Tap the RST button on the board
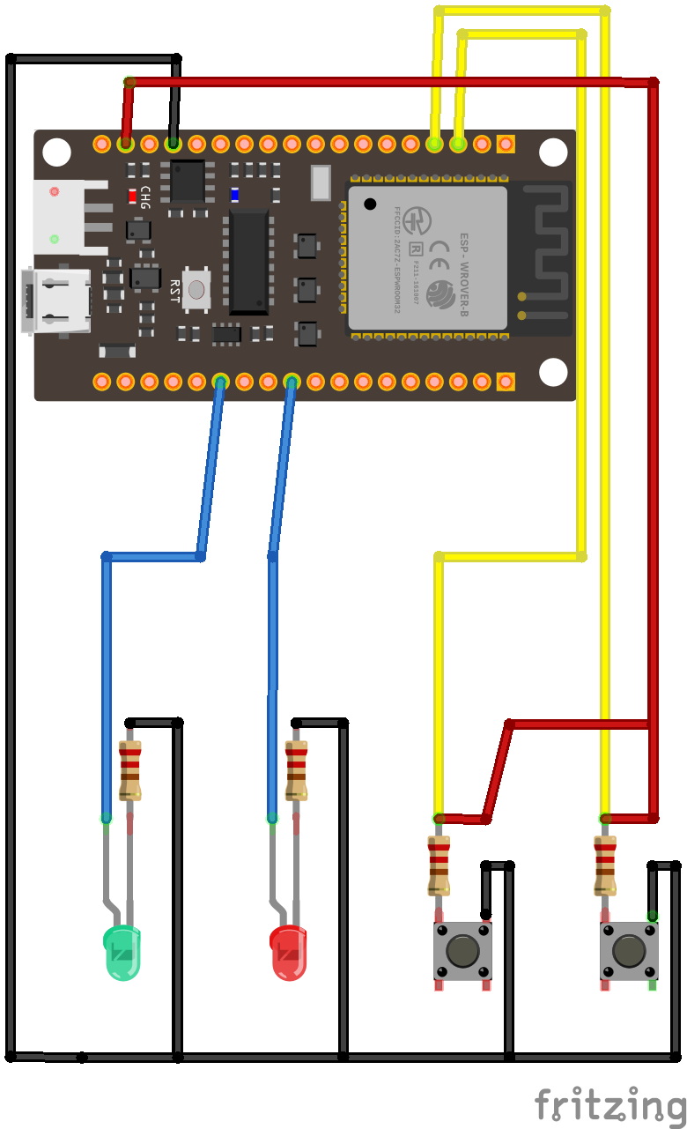196,288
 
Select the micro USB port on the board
57,301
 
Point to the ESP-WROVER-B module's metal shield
428,257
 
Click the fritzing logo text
609,1103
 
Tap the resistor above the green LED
130,769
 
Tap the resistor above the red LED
296,769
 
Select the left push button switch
462,952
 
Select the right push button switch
629,952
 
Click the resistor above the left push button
439,865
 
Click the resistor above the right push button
605,865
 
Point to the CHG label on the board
145,197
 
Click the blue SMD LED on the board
234,195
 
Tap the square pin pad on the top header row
506,143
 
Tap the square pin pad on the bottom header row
506,382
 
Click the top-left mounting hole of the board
57,152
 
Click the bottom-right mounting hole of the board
553,372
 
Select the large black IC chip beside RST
248,262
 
